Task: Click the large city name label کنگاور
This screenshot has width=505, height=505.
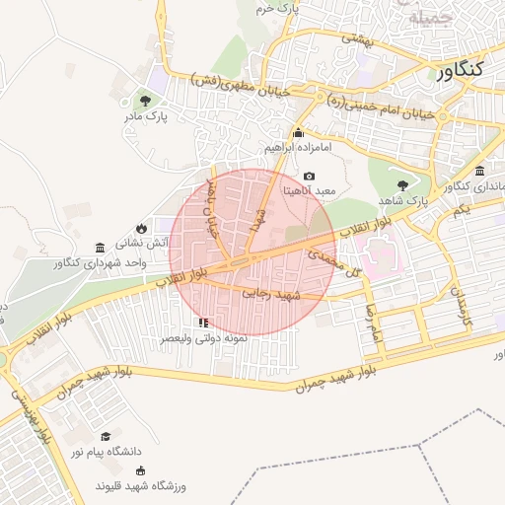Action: coord(460,70)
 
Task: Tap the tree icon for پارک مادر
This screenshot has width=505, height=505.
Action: coord(146,100)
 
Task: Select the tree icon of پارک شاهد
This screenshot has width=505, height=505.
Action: coord(401,184)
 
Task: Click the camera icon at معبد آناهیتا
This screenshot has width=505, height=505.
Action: coord(309,176)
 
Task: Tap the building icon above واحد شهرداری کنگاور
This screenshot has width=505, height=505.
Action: coord(100,248)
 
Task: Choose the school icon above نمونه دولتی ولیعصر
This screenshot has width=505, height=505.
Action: coord(203,323)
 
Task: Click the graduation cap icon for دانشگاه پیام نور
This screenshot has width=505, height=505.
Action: coord(106,435)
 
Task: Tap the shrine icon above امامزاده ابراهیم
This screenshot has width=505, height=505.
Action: coord(298,133)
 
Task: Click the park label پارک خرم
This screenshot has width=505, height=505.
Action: coord(275,8)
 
